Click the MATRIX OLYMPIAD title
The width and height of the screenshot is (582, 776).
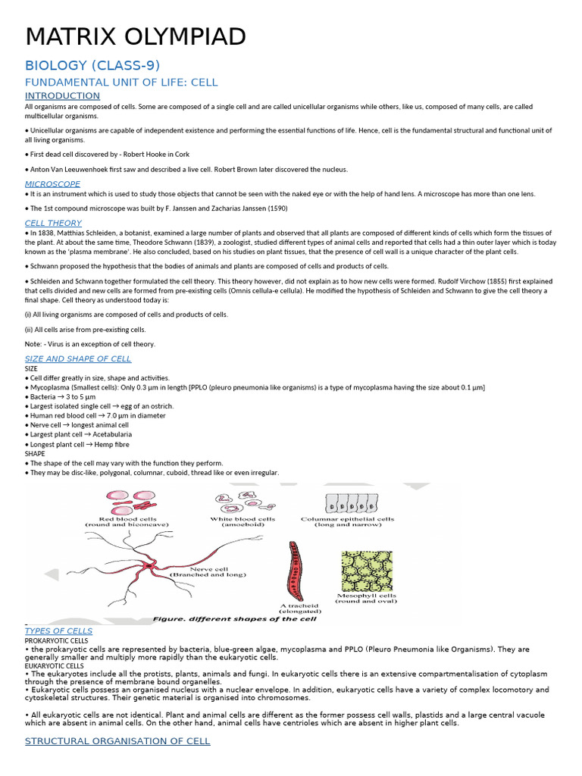click(x=135, y=36)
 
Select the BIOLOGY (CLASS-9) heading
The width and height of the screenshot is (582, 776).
click(x=92, y=65)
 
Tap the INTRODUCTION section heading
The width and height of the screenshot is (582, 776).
click(x=62, y=95)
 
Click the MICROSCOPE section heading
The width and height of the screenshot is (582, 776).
click(x=52, y=183)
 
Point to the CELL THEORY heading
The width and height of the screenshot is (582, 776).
click(x=53, y=223)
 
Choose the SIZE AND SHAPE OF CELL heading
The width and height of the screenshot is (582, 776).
click(x=78, y=358)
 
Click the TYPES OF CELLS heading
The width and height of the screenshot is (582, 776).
click(x=58, y=630)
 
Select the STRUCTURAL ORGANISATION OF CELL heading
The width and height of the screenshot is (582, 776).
click(x=117, y=740)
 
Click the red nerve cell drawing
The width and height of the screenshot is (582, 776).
click(x=152, y=565)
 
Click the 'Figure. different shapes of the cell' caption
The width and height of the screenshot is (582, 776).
click(x=234, y=618)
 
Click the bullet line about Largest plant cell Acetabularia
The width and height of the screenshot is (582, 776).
click(x=78, y=434)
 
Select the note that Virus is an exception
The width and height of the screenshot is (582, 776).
click(x=89, y=344)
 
